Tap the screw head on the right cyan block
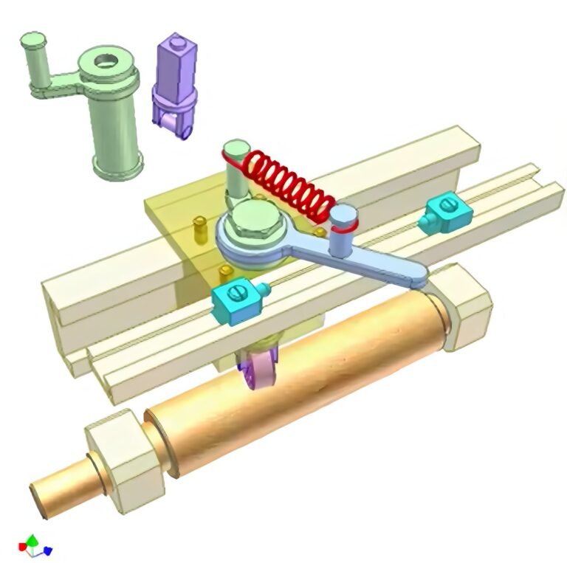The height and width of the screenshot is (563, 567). coord(446,204)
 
